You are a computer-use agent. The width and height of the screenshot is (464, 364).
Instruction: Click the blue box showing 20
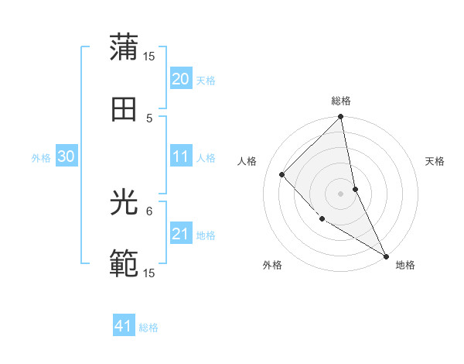point(180,79)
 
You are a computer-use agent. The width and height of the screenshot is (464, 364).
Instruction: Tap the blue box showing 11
point(180,157)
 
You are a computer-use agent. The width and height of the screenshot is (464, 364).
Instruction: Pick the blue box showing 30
point(66,157)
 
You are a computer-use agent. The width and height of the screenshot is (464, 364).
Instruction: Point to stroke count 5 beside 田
point(149,118)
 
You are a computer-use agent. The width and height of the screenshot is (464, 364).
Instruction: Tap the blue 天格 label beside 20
point(206,81)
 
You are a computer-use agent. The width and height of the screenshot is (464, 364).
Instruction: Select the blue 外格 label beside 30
point(41,158)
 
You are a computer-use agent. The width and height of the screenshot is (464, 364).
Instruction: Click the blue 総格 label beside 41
point(148,328)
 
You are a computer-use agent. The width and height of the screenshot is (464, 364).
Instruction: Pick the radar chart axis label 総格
point(341,101)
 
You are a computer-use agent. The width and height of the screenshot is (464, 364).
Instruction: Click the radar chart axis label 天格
point(435,161)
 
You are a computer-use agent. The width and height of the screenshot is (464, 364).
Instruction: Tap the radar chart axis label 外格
point(272,265)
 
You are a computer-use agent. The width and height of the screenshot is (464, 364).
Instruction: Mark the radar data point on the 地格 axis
point(386,256)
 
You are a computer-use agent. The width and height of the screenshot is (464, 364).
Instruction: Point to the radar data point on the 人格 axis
point(282,174)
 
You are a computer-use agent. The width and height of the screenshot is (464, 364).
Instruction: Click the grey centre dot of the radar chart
point(340,193)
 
